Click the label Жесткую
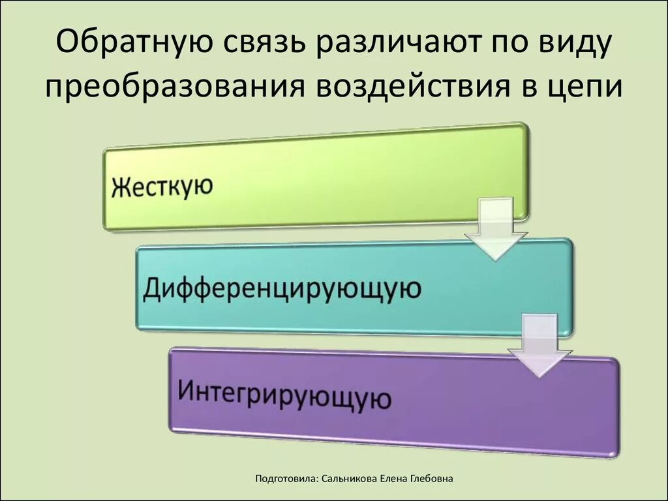point(162,188)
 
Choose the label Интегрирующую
point(284,393)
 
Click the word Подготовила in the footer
point(287,479)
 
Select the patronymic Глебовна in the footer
point(432,479)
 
